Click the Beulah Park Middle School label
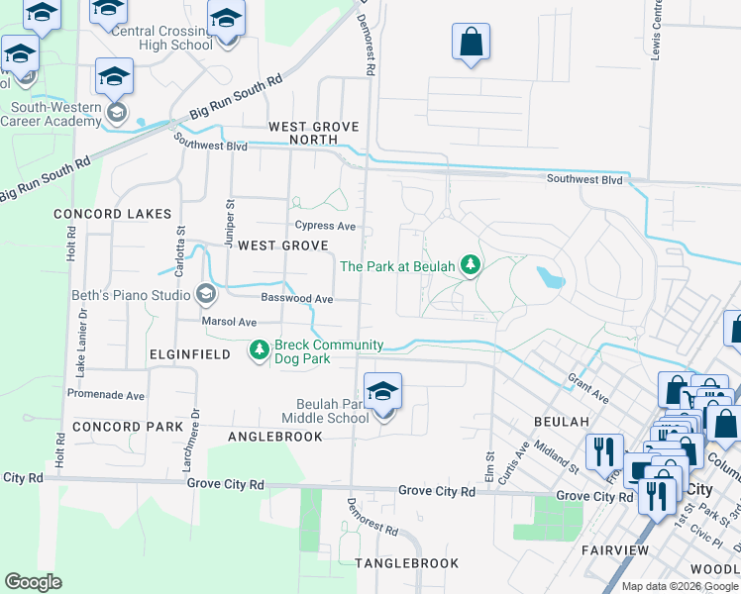pos(333,411)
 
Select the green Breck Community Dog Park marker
pos(259,350)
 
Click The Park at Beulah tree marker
pos(472,265)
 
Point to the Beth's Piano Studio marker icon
pos(206,293)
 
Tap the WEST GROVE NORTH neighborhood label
pos(313,134)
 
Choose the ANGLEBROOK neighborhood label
pos(275,437)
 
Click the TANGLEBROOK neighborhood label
pos(406,563)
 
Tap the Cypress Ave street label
pos(325,226)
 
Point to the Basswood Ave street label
pos(296,298)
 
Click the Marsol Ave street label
pos(229,322)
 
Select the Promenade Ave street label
pos(106,394)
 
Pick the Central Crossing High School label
pos(162,38)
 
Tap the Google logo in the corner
pos(33,581)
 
